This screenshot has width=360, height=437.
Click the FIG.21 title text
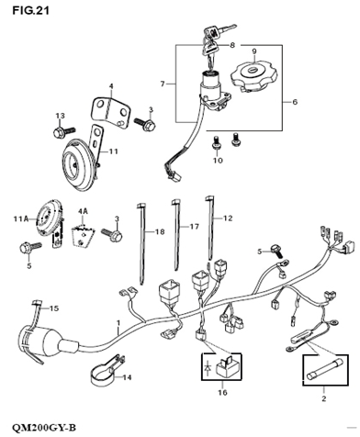point(30,11)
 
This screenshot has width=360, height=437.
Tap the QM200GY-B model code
point(44,427)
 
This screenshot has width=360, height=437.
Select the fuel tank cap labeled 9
point(254,76)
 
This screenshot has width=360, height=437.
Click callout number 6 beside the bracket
point(295,102)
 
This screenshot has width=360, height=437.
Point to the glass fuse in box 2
point(325,371)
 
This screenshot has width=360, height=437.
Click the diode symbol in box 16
point(208,368)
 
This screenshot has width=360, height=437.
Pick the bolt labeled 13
point(63,132)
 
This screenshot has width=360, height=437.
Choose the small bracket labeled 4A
point(83,236)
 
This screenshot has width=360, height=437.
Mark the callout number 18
point(160,232)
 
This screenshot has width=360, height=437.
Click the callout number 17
point(195,227)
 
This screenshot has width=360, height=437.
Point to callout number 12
point(228,218)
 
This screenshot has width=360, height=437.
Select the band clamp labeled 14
point(107,371)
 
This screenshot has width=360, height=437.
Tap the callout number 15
point(54,308)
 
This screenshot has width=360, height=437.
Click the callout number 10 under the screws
point(218,161)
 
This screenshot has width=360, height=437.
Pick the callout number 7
point(163,84)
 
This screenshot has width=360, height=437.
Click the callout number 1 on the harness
point(118,323)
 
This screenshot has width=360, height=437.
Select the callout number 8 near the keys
point(232,45)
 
